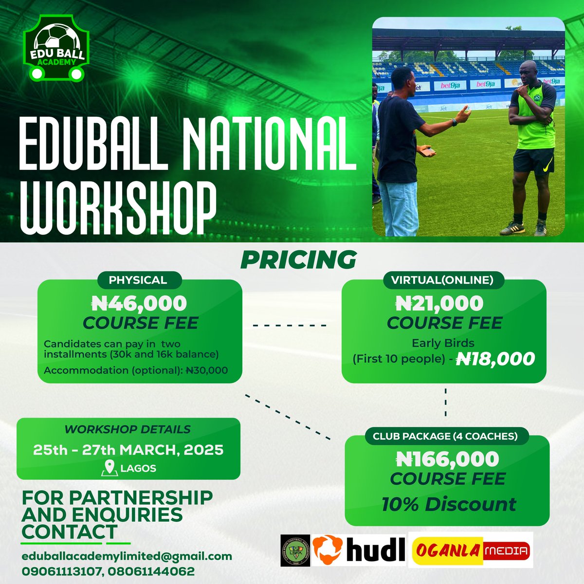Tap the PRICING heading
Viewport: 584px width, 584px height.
[x=298, y=260]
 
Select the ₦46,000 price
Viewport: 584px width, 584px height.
[x=139, y=304]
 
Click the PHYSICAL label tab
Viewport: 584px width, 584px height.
[x=138, y=280]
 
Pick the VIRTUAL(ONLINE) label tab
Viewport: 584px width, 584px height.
[x=442, y=280]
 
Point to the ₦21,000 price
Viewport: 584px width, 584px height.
[x=439, y=304]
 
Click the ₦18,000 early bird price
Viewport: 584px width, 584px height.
[x=495, y=359]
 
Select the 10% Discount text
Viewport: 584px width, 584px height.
[x=448, y=504]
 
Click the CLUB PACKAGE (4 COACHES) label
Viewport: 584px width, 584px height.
[x=445, y=436]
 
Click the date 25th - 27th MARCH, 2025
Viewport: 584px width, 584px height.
[x=128, y=450]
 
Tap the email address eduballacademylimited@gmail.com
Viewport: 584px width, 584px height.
[x=127, y=556]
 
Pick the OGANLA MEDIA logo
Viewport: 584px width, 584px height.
[x=470, y=550]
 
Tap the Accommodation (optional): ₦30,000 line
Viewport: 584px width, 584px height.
[x=136, y=370]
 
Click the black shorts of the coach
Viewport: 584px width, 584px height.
[x=533, y=161]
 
